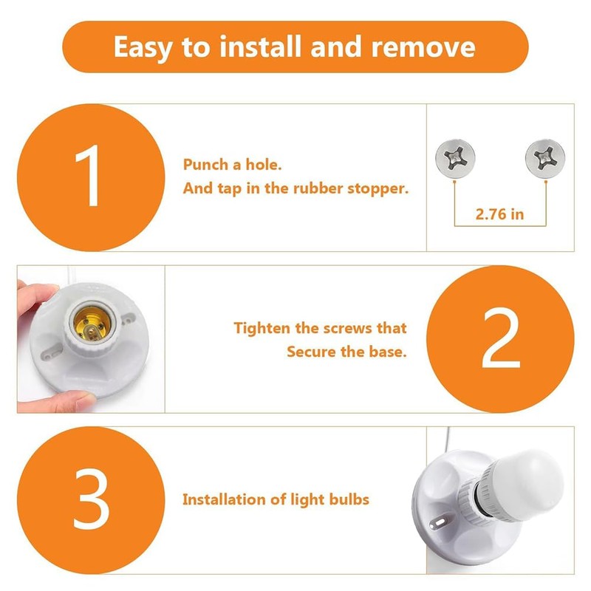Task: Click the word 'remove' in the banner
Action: click(x=423, y=47)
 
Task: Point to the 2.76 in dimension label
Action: click(x=499, y=215)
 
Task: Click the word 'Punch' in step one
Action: click(x=205, y=164)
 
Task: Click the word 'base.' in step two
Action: click(x=386, y=352)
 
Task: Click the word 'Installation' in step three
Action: click(x=224, y=499)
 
